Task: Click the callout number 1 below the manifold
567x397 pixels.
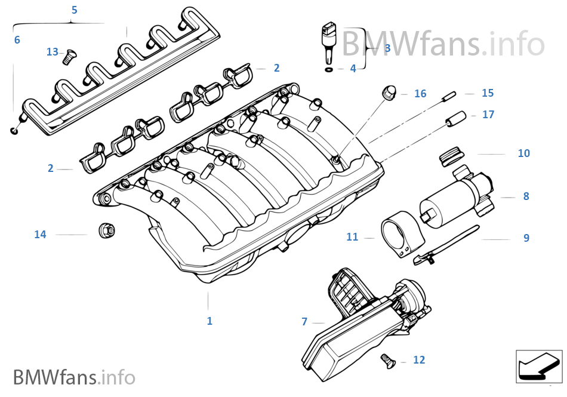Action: click(209, 321)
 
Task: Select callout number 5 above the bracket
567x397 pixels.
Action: click(74, 10)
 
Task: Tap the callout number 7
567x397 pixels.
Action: click(304, 322)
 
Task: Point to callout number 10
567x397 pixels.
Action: click(523, 153)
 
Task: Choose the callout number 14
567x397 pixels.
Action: click(40, 235)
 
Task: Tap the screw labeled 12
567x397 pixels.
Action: click(387, 360)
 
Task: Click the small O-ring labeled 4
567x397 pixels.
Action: click(328, 69)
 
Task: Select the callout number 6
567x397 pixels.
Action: click(17, 40)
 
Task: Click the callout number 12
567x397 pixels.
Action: click(419, 360)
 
